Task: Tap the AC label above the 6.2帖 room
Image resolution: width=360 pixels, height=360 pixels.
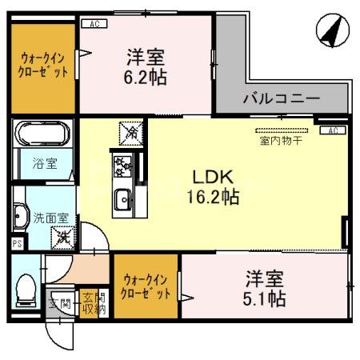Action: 94,24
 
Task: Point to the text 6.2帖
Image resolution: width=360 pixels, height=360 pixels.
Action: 146,78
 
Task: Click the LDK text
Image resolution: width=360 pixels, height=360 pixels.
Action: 213,176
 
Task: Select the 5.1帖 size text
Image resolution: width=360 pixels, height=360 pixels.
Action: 265,300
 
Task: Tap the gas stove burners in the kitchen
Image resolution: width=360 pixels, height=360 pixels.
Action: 123,166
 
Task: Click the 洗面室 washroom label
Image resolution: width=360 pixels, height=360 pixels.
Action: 44,216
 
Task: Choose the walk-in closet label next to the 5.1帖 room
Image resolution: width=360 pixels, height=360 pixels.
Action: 146,286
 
